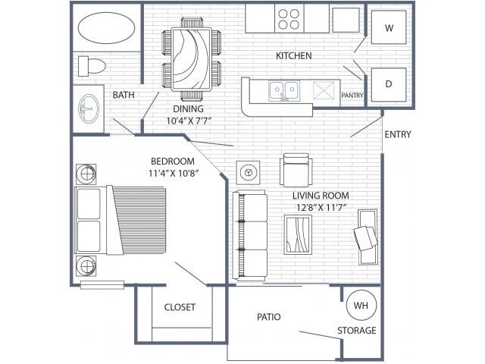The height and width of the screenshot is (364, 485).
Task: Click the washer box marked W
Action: tap(389, 27)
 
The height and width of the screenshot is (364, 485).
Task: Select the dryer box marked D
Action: tap(389, 84)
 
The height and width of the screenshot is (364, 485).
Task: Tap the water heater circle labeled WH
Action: tap(361, 305)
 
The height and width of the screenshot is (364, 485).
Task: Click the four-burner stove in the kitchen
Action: tap(289, 19)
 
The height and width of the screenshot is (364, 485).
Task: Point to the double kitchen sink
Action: tap(284, 90)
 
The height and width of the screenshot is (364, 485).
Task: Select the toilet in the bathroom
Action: tap(92, 66)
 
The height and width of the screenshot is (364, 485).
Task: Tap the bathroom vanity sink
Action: tap(89, 108)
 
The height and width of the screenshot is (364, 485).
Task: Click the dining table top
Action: tap(192, 59)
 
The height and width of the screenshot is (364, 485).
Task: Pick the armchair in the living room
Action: tap(296, 170)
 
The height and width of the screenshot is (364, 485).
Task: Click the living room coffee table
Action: tap(298, 234)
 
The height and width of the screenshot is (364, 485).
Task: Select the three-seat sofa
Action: tap(250, 234)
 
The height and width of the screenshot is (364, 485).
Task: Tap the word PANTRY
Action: tap(352, 96)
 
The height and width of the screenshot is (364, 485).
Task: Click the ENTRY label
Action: tap(398, 134)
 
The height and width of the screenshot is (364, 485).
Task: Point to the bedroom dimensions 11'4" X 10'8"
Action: tap(174, 173)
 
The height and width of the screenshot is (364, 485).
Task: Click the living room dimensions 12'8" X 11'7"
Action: tap(321, 207)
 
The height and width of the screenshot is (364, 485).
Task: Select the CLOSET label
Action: tap(180, 307)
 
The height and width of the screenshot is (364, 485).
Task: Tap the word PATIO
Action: tap(269, 317)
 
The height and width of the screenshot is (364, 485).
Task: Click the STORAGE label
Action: tap(357, 331)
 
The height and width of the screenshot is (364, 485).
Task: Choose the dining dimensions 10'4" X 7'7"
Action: tap(189, 121)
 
